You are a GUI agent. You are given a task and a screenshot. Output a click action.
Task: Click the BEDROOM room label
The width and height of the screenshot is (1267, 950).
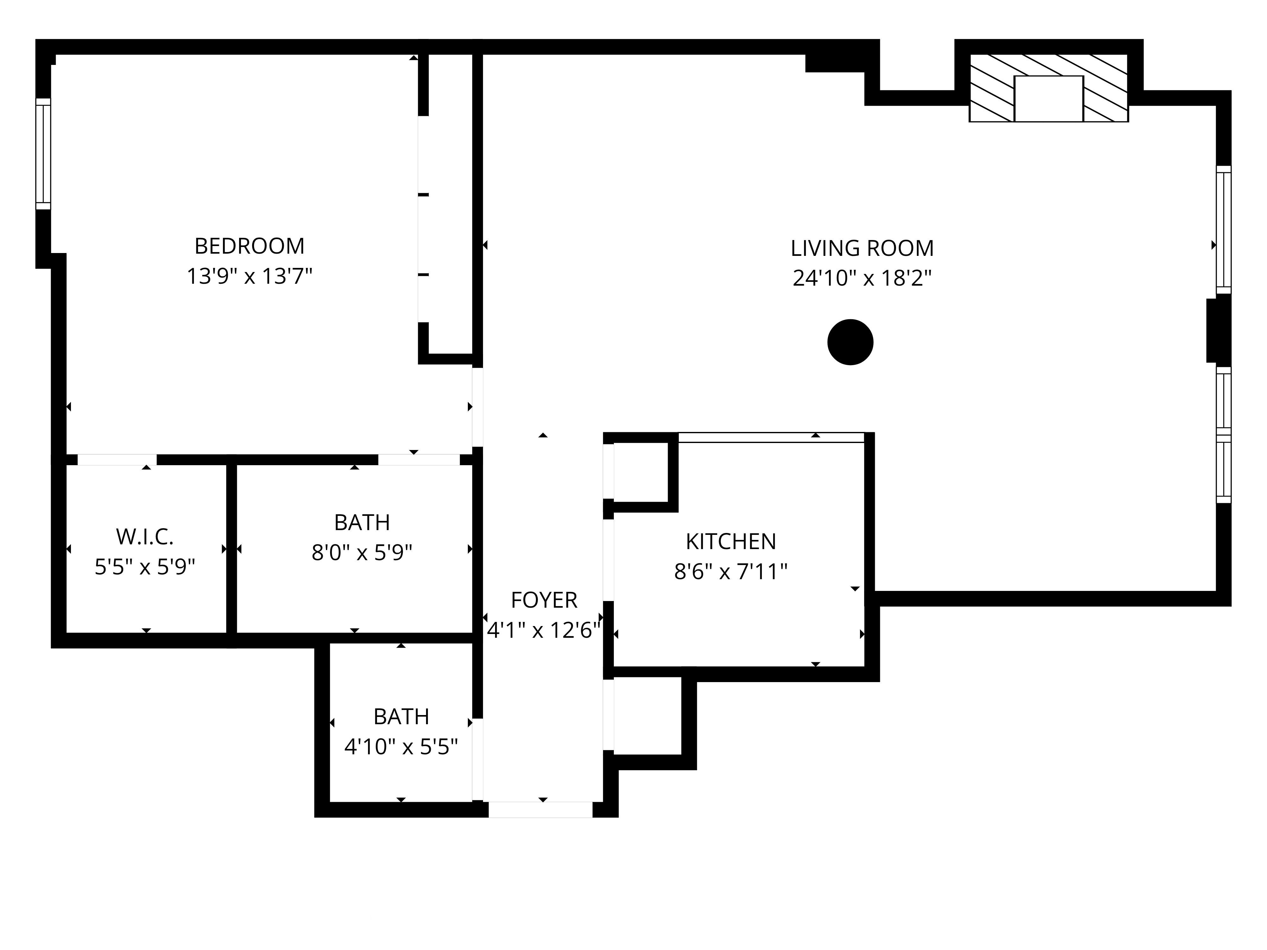coord(249,246)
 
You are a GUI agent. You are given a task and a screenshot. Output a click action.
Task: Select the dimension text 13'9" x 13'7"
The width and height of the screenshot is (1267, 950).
coord(249,276)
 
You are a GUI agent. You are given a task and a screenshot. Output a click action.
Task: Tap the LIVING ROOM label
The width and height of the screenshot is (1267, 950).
coord(862,249)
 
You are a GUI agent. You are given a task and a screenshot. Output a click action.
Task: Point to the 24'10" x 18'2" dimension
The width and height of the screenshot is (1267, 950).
coord(862,278)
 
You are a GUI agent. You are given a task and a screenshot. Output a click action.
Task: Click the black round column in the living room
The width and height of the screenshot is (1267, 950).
coord(850,342)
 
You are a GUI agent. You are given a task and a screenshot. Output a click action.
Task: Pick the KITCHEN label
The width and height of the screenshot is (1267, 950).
coord(730,541)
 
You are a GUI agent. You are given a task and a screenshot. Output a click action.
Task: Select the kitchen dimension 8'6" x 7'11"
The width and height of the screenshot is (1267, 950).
coord(730,572)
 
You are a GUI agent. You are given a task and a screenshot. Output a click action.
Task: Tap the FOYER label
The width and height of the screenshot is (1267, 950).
coord(544,600)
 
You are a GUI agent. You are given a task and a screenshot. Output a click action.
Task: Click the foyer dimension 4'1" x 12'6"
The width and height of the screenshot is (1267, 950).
coord(544,630)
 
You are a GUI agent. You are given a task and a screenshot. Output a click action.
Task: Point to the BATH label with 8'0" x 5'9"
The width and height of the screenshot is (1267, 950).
coord(362,522)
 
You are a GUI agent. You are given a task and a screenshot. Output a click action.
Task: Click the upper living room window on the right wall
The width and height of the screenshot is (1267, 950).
coord(1223,229)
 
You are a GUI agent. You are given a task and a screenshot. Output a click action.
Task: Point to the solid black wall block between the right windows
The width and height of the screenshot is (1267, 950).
coord(1218,330)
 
